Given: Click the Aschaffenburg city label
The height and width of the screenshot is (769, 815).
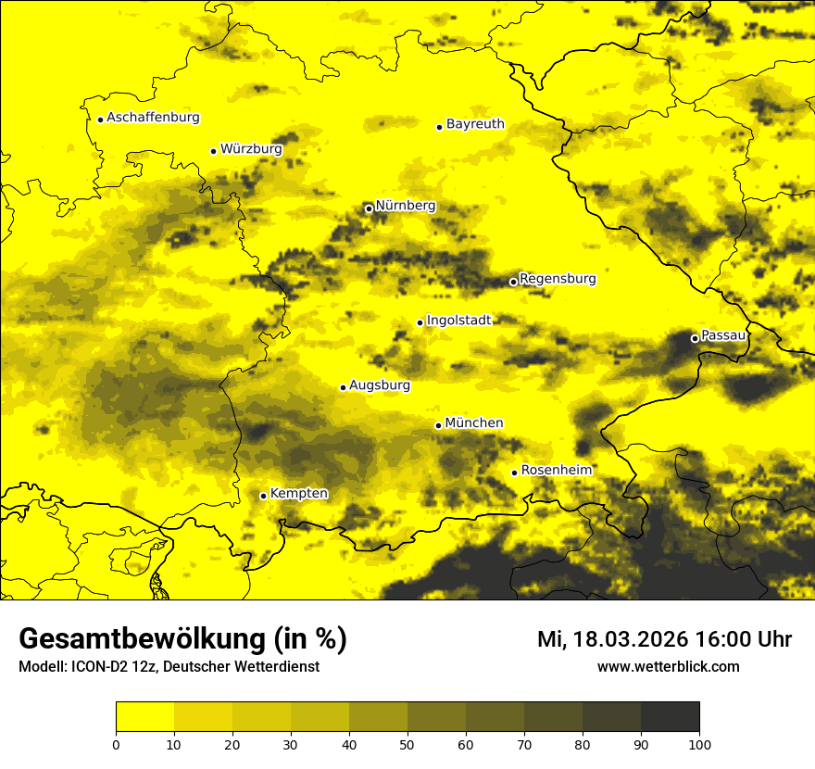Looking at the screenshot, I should click(x=153, y=118).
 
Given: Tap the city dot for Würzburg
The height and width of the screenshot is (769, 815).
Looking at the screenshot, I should click(x=213, y=151).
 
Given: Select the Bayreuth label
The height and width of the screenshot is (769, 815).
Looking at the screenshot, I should click(x=475, y=123).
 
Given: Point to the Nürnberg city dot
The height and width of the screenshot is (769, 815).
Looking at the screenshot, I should click(x=369, y=208).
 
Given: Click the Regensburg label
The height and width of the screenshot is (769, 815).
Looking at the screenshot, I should click(x=558, y=278).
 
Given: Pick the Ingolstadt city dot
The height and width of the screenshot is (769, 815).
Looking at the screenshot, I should click(x=420, y=322).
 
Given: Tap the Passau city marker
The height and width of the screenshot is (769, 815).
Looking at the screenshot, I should click(x=695, y=338).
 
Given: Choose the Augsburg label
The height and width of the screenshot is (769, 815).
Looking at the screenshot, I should click(x=380, y=385).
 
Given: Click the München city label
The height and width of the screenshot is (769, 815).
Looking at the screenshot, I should click(x=474, y=422).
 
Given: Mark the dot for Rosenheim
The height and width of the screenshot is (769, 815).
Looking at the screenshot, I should click(x=514, y=473).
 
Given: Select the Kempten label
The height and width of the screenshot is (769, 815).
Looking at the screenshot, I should click(x=299, y=493).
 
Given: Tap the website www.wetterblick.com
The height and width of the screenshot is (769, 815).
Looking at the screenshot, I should click(x=668, y=666).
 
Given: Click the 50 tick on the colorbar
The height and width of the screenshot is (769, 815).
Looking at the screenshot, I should click(x=407, y=744).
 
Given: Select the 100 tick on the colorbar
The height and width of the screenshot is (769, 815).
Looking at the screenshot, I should click(x=699, y=744).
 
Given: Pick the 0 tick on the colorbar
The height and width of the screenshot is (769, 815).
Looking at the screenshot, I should click(x=116, y=744).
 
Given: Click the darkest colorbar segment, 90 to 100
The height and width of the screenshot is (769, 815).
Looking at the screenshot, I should click(x=670, y=717).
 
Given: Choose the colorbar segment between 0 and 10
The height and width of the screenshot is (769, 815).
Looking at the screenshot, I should click(x=144, y=717).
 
